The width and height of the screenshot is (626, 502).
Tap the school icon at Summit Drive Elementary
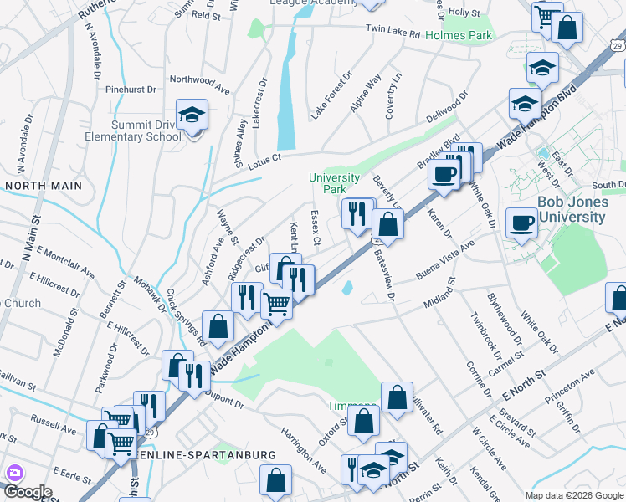pos(192,116)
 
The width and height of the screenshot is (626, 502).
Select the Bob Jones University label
pos(572,210)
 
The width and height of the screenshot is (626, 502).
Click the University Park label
pos(334,183)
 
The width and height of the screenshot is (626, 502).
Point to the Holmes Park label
pos(459,36)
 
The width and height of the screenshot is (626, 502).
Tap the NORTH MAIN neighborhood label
pos(44,185)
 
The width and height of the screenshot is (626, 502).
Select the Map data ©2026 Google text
pos(573,495)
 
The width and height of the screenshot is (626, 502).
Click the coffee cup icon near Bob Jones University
pos(523,223)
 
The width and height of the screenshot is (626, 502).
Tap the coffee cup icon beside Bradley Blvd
pos(444,174)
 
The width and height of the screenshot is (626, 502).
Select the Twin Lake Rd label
pos(393,30)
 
